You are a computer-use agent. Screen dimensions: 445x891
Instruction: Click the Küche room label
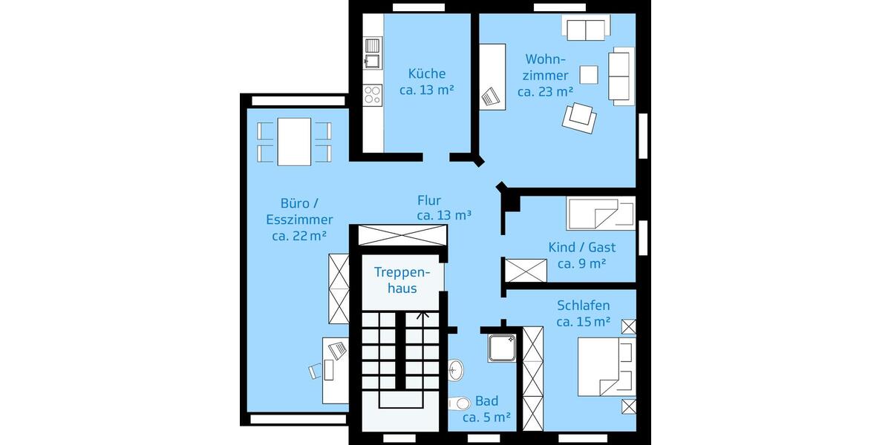pyautogui.click(x=427, y=73)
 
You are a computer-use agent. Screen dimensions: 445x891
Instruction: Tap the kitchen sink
pyautogui.click(x=371, y=62)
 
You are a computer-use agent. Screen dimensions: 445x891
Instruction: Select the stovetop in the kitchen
pyautogui.click(x=372, y=94)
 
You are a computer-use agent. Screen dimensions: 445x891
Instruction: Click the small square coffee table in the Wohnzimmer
pyautogui.click(x=589, y=74)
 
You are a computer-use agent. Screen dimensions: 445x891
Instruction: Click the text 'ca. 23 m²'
pyautogui.click(x=545, y=92)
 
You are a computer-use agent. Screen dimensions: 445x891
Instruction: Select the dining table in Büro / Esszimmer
pyautogui.click(x=294, y=142)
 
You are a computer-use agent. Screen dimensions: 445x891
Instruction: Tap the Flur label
pyautogui.click(x=429, y=200)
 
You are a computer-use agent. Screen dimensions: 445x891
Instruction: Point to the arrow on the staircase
pyautogui.click(x=422, y=315)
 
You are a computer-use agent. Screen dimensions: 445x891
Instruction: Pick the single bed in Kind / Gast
pyautogui.click(x=600, y=214)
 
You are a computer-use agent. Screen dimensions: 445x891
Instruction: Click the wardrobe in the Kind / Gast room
pyautogui.click(x=526, y=270)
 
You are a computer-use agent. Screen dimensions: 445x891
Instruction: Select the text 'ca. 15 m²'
pyautogui.click(x=583, y=322)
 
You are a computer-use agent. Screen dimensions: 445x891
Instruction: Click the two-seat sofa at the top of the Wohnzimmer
pyautogui.click(x=587, y=30)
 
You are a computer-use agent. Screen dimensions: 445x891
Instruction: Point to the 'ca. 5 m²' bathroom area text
pyautogui.click(x=486, y=418)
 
